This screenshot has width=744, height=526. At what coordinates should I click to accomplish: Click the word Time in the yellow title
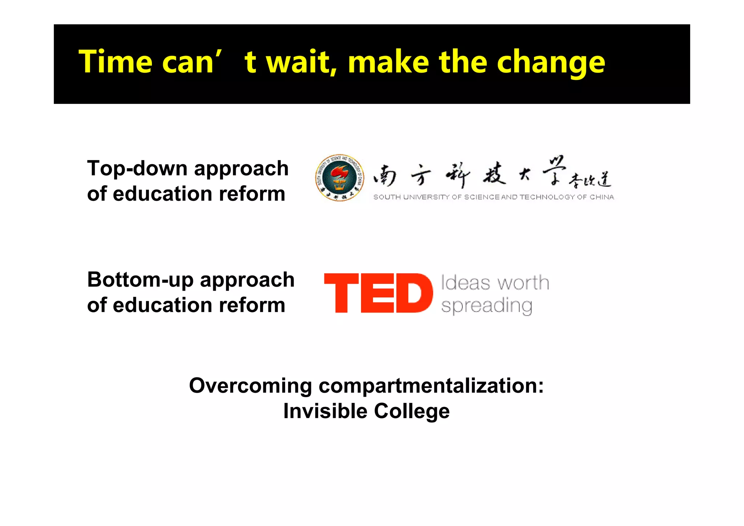point(115,62)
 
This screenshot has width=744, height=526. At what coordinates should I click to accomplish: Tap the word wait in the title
point(301,62)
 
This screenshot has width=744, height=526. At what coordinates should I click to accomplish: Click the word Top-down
point(137,169)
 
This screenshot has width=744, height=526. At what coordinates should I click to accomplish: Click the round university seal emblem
point(339,178)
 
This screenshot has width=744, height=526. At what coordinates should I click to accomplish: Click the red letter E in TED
point(377,293)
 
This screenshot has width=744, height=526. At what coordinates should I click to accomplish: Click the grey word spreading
point(486,306)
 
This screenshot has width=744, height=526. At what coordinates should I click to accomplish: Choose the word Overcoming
point(250,386)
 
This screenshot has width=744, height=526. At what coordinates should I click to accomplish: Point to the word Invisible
point(325,411)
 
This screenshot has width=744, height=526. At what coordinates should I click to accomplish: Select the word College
point(412,411)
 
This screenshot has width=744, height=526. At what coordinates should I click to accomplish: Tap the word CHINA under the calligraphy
point(602,197)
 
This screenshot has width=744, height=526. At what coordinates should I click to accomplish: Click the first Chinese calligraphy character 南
point(385,176)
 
